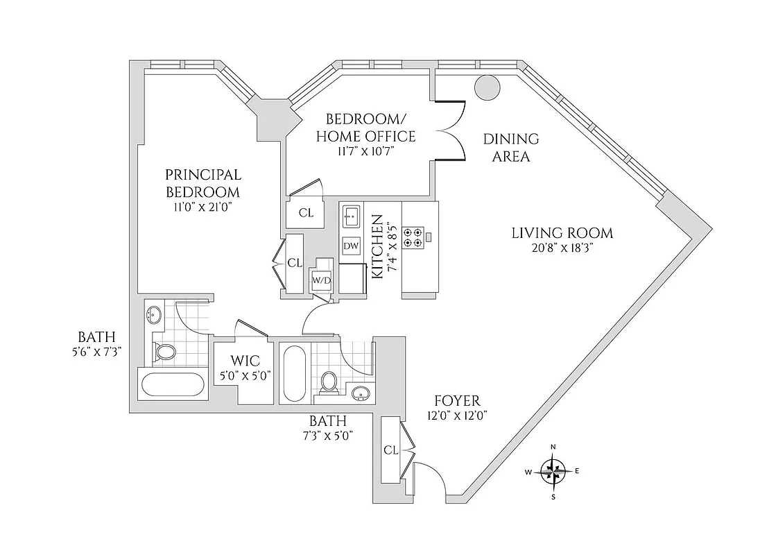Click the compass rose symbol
point(553,472)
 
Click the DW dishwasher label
point(351,246)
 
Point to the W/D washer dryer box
point(321,280)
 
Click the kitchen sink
point(351,217)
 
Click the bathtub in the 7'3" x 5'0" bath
point(293,373)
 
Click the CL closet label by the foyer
point(390,450)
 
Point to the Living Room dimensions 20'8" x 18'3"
point(562,249)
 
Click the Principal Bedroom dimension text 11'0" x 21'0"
point(202,207)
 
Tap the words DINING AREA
point(510,147)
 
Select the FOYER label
point(456,400)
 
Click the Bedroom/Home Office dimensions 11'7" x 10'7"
point(365,152)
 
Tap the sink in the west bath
point(153,317)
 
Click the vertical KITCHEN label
point(379,246)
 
